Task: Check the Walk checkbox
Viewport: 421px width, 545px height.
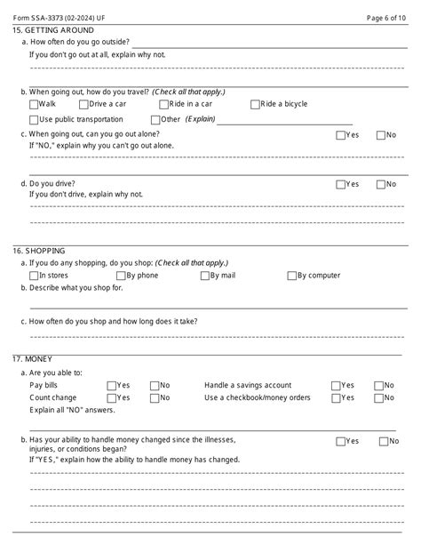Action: coord(34,104)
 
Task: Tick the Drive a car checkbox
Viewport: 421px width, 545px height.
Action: coord(84,104)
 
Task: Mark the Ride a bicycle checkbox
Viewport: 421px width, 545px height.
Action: coord(256,104)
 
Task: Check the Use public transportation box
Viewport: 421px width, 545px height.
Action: coord(34,119)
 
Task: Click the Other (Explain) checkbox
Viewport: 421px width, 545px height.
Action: coord(155,119)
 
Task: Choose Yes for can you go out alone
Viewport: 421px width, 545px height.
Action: coord(340,135)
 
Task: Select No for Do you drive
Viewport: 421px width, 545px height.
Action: coord(381,184)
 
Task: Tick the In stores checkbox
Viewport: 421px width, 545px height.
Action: coord(34,276)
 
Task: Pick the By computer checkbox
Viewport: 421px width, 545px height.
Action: coord(290,276)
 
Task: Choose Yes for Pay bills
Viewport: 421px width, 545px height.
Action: coord(111,386)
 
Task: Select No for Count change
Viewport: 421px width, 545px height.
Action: coord(155,397)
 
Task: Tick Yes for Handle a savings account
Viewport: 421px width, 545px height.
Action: coord(336,386)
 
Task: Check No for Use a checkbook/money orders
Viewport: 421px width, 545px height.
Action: coord(378,397)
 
